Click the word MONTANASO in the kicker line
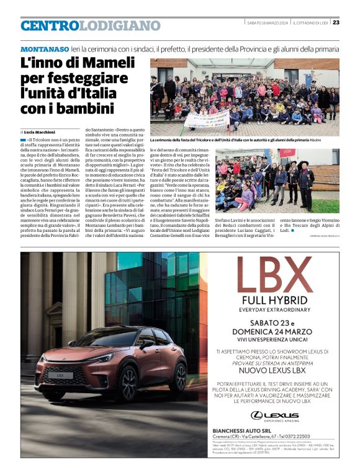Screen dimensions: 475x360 45,49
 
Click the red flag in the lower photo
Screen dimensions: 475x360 287,153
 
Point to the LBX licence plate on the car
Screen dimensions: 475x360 62,375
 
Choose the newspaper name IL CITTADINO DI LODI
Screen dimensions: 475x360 310,23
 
